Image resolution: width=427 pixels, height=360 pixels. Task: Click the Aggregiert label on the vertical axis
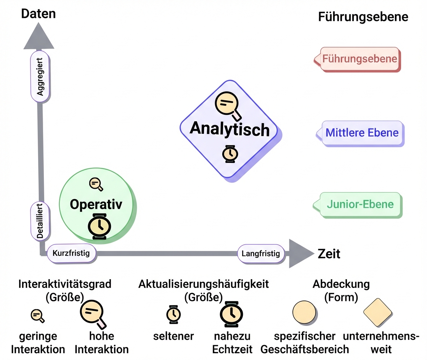40,77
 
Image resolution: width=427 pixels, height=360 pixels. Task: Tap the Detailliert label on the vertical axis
40,221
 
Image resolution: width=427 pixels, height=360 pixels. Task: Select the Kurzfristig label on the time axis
71,253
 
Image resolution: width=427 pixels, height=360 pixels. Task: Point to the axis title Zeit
329,254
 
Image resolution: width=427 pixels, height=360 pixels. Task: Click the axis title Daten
39,14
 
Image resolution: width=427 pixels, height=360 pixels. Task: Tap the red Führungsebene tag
359,59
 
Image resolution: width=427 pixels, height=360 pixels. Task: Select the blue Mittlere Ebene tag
362,133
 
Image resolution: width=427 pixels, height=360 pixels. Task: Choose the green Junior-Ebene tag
360,204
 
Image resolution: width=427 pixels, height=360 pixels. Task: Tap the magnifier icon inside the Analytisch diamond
227,103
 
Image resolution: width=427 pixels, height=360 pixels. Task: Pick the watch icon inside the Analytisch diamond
230,154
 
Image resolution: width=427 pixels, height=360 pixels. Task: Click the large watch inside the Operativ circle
100,226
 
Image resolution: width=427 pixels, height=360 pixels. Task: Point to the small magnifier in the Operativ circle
95,184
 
